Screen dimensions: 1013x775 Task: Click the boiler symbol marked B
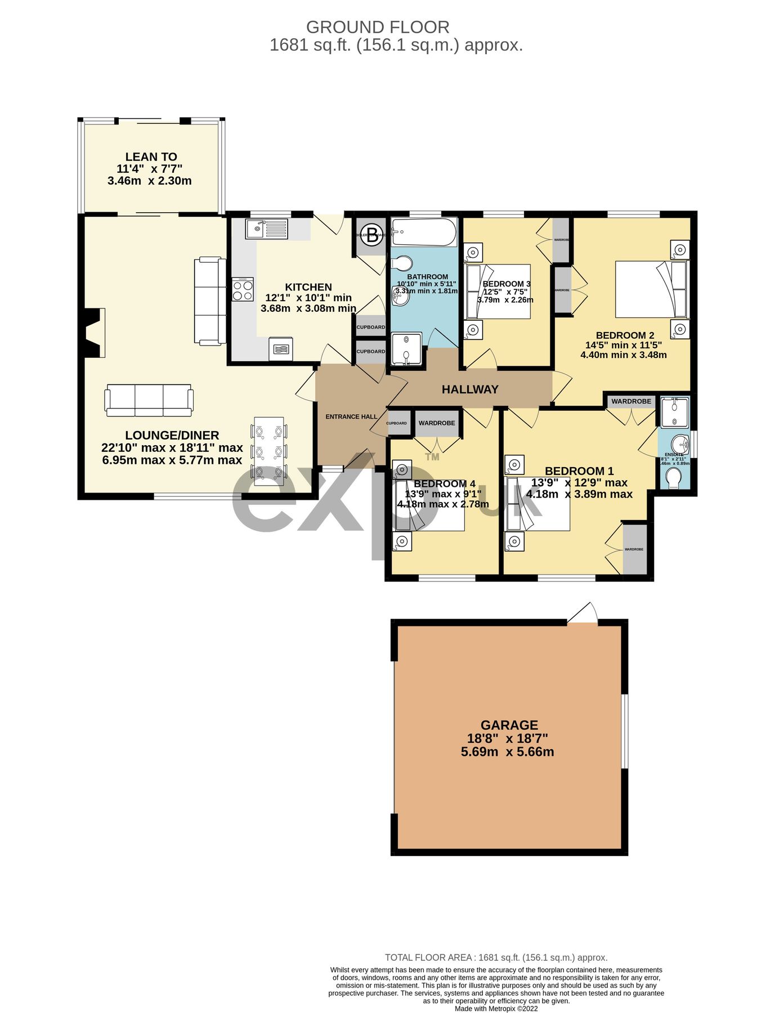click(371, 236)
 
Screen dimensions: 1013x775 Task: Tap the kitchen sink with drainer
click(266, 229)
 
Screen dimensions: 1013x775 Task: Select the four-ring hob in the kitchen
click(243, 290)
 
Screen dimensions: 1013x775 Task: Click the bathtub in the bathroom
click(424, 232)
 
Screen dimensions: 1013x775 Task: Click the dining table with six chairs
click(268, 451)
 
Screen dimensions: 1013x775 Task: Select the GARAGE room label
click(509, 725)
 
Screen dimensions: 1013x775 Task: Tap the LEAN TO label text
click(151, 157)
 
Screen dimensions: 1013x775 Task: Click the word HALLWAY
click(470, 389)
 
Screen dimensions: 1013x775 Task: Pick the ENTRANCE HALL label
click(351, 417)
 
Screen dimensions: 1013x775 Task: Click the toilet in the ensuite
click(673, 479)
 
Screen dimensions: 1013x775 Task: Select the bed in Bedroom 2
click(651, 289)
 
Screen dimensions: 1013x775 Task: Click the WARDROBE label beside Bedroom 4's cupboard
click(437, 423)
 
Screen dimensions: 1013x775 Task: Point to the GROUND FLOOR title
click(377, 27)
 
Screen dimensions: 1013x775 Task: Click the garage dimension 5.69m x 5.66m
click(507, 752)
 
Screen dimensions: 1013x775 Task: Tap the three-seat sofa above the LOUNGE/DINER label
click(149, 400)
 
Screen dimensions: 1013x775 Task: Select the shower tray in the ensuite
click(674, 413)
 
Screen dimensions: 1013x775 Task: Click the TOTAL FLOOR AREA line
click(496, 957)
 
